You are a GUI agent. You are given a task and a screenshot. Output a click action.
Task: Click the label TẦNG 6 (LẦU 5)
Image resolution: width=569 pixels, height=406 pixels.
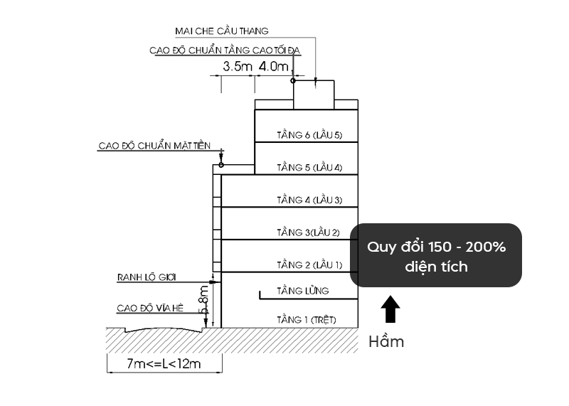pyautogui.click(x=309, y=135)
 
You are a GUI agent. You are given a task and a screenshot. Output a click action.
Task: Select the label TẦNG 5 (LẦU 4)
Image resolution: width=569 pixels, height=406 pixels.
pyautogui.click(x=309, y=167)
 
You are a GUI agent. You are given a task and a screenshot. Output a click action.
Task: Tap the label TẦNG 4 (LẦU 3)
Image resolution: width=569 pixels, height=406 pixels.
pyautogui.click(x=309, y=200)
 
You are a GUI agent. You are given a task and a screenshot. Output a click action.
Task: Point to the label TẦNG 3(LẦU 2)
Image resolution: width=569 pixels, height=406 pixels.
pyautogui.click(x=309, y=233)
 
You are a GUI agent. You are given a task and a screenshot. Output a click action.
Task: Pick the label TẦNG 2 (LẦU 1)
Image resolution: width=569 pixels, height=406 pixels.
pyautogui.click(x=309, y=265)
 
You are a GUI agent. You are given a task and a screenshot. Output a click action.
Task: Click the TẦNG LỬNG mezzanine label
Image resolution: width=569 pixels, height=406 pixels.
pyautogui.click(x=303, y=291)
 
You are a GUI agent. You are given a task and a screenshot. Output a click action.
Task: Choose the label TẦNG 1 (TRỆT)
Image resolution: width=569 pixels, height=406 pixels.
pyautogui.click(x=307, y=320)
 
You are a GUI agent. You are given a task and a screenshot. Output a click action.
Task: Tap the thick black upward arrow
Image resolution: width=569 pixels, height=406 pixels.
pyautogui.click(x=390, y=309)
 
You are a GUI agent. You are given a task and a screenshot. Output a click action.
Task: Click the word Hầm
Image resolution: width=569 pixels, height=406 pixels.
pyautogui.click(x=386, y=342)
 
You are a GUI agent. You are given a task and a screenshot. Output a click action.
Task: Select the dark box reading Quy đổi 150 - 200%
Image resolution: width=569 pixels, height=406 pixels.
pyautogui.click(x=436, y=255)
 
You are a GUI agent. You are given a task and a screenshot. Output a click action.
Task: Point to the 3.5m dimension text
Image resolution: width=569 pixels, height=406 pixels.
pyautogui.click(x=238, y=66)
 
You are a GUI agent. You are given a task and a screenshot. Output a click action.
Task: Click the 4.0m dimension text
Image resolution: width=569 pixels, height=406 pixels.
pyautogui.click(x=274, y=66)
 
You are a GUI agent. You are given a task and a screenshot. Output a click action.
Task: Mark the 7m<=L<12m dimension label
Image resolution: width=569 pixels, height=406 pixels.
pyautogui.click(x=164, y=363)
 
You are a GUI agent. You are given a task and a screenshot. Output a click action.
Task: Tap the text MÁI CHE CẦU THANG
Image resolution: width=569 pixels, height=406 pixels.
pyautogui.click(x=222, y=31)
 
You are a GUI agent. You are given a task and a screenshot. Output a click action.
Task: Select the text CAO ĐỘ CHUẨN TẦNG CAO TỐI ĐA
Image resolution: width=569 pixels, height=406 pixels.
pyautogui.click(x=225, y=50)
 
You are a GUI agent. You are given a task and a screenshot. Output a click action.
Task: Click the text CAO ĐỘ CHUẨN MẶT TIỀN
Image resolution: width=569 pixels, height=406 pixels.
pyautogui.click(x=154, y=146)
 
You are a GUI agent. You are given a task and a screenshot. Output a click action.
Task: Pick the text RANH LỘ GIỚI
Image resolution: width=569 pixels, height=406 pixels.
pyautogui.click(x=147, y=277)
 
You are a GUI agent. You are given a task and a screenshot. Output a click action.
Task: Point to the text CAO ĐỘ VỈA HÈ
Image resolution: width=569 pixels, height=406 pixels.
pyautogui.click(x=150, y=309)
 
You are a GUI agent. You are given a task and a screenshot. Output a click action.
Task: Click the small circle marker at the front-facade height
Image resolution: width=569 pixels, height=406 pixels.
pyautogui.click(x=221, y=165)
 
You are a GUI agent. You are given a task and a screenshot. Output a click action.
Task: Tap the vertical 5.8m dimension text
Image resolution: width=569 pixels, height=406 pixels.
pyautogui.click(x=204, y=299)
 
